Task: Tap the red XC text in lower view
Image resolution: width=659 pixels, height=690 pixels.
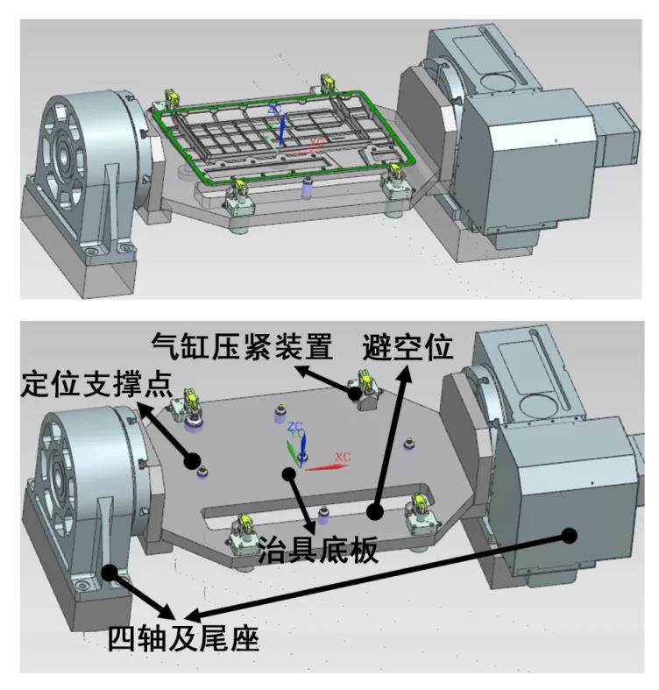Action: click(x=343, y=458)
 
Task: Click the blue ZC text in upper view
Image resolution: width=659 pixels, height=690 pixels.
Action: click(x=274, y=109)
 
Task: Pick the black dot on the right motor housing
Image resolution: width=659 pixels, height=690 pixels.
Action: click(x=570, y=533)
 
